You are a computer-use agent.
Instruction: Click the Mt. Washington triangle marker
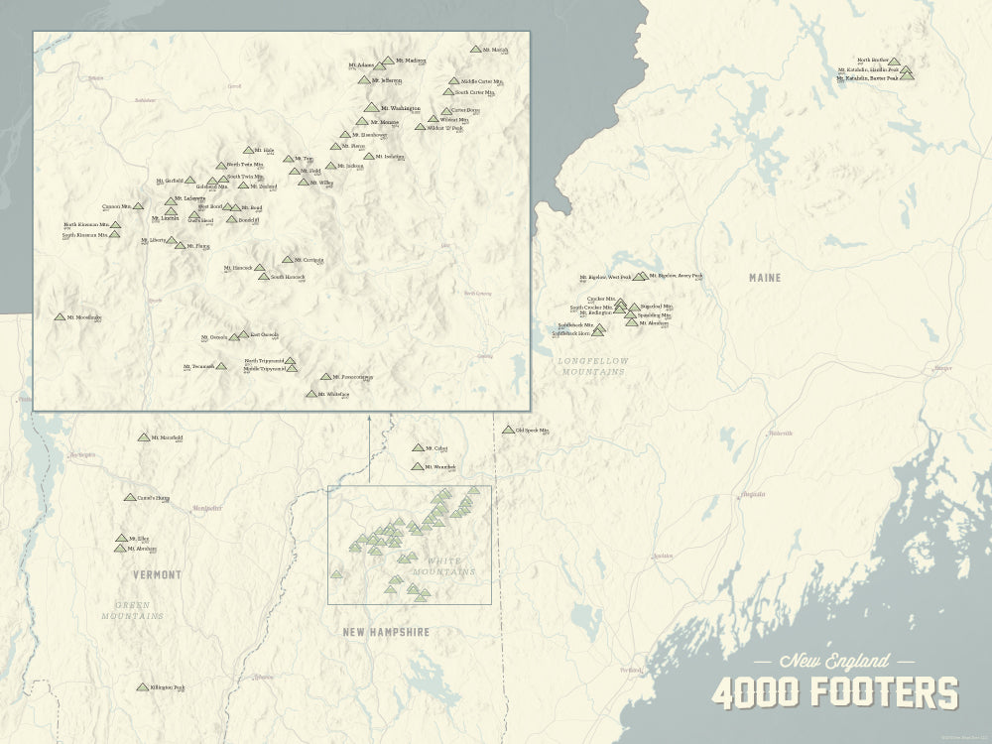tap(372, 107)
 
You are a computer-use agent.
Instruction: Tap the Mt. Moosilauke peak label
tap(84, 317)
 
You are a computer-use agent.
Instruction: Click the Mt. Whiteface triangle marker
tap(311, 394)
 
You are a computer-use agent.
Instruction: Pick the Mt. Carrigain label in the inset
tap(308, 260)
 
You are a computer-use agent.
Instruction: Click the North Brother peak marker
tap(894, 62)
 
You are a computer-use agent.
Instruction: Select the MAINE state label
tap(765, 278)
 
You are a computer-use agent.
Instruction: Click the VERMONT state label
tap(157, 574)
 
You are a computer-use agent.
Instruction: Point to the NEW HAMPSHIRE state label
tap(386, 631)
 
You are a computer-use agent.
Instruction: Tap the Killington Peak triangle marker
tap(143, 686)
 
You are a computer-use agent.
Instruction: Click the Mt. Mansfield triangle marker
tap(144, 436)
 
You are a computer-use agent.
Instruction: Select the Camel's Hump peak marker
tap(129, 497)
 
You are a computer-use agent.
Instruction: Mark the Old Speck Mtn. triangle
tap(508, 431)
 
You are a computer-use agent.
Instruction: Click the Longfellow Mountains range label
tap(591, 366)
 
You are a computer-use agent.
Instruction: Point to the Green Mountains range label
tap(132, 610)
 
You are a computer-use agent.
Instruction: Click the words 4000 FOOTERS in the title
tap(835, 692)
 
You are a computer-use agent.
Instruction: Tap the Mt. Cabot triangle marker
tap(418, 448)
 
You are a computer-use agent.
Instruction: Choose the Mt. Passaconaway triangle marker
tap(325, 377)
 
